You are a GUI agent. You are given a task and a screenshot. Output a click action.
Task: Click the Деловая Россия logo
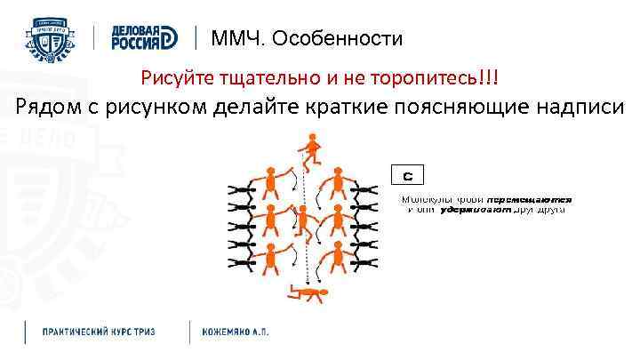coord(145,38)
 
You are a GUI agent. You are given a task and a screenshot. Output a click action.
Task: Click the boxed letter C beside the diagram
coord(407,175)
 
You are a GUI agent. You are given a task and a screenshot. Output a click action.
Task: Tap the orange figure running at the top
coord(309,149)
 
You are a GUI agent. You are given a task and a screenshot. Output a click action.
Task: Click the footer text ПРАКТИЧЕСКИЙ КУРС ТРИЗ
coord(98,331)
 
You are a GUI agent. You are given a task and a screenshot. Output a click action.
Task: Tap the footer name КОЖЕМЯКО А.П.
coord(236,331)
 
